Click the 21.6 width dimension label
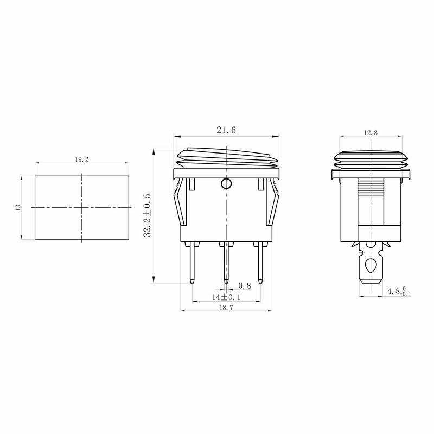coord(226,130)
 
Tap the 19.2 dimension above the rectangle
coord(82,159)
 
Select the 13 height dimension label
coord(18,207)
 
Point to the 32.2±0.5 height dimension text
coord(147,215)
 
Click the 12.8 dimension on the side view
coord(371,133)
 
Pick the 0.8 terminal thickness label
coord(245,286)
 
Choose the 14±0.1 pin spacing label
coord(226,297)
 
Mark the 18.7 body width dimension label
coord(226,308)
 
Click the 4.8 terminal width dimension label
coord(399,291)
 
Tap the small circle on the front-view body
coord(226,183)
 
